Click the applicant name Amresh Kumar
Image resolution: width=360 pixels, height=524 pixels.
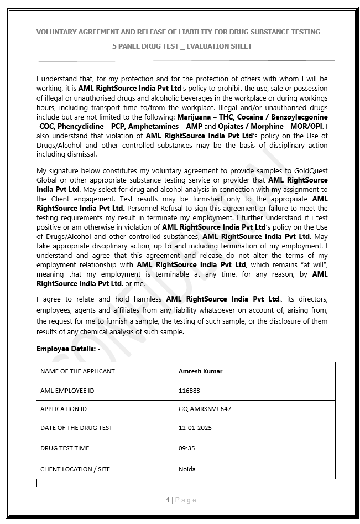click(200, 371)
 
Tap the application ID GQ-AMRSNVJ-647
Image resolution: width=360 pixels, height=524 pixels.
click(205, 409)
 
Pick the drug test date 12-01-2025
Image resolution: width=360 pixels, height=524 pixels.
click(195, 428)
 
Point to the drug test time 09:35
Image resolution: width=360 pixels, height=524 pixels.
click(186, 448)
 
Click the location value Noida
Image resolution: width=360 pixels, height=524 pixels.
click(187, 469)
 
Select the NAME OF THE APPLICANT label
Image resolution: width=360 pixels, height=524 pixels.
click(77, 371)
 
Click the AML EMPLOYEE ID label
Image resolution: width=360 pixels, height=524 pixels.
click(67, 391)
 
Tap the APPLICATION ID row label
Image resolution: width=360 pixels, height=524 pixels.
click(64, 409)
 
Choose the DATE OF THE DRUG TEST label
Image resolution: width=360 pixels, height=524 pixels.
click(76, 428)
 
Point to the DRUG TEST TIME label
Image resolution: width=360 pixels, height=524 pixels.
click(65, 448)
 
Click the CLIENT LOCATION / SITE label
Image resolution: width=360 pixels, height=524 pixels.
click(75, 469)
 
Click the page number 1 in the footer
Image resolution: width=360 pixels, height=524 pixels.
click(168, 500)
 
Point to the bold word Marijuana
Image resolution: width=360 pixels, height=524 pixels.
click(196, 117)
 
